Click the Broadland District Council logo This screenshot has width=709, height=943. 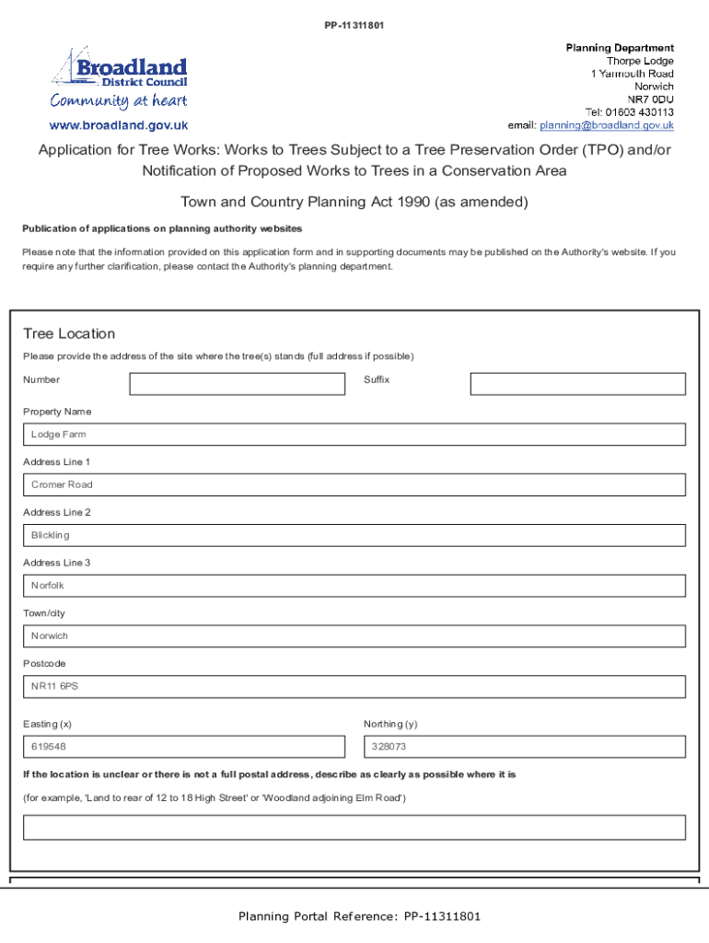click(119, 78)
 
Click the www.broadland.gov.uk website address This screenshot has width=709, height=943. click(119, 125)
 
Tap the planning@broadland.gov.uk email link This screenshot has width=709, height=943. click(607, 125)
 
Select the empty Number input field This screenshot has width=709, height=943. click(237, 384)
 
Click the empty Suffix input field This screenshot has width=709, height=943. click(577, 384)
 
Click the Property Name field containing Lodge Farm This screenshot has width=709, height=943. click(354, 435)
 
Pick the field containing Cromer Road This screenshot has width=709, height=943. click(354, 484)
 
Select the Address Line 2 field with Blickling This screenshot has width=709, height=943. click(354, 535)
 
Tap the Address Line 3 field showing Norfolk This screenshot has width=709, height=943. click(354, 586)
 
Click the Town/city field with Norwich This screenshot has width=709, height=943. click(354, 636)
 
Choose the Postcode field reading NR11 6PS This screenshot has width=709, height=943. click(354, 687)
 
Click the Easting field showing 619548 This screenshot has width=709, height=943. click(184, 747)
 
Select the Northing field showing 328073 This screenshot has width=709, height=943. click(525, 747)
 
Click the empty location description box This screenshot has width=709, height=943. click(354, 827)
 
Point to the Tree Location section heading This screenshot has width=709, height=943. click(69, 333)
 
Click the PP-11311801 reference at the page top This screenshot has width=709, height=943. click(354, 25)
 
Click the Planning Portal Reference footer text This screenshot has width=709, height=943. click(359, 916)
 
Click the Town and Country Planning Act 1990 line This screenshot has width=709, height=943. click(354, 202)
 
